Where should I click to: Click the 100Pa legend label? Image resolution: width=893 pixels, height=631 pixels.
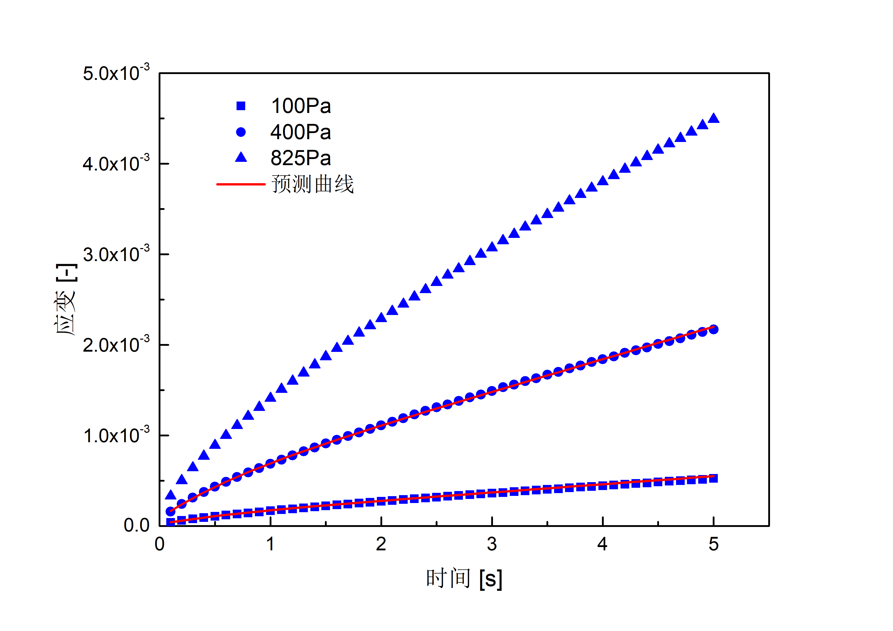301,106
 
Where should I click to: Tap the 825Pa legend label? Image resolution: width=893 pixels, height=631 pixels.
301,158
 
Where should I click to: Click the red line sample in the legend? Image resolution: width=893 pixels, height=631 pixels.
241,184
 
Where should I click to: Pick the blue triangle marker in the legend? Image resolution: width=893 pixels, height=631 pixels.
241,157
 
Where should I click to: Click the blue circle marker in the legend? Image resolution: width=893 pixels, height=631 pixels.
241,132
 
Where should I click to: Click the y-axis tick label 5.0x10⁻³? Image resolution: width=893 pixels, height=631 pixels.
116,73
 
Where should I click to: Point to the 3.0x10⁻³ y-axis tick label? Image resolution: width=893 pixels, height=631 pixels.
116,254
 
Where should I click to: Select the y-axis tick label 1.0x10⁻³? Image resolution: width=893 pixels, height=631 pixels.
116,436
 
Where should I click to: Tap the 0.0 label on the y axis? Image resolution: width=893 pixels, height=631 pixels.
136,525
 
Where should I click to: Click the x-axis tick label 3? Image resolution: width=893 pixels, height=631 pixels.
492,544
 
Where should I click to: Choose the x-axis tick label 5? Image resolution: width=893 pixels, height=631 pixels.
713,544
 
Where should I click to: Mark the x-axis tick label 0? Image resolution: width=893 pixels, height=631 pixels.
159,544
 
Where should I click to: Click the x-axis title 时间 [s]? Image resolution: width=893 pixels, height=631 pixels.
464,579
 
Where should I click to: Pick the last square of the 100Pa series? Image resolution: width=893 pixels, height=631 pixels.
713,478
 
